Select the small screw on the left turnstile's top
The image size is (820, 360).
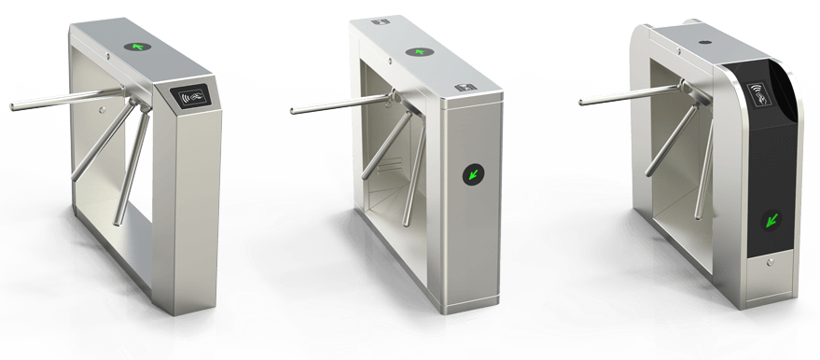110,56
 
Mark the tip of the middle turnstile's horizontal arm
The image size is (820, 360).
293,112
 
